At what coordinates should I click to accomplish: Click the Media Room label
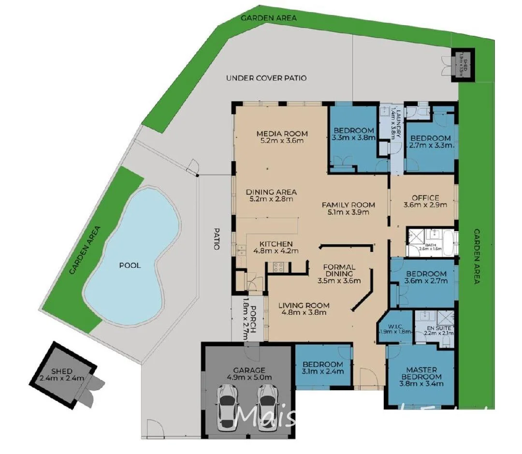coord(282,134)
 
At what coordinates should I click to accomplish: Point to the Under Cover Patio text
coord(266,78)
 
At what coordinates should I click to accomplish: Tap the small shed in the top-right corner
coord(462,62)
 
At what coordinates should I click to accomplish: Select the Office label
coord(425,198)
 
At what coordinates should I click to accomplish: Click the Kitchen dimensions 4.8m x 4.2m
coord(275,251)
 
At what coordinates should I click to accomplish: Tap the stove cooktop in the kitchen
coord(278,266)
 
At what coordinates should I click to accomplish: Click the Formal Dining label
coord(339,270)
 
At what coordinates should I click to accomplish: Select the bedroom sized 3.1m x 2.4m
coord(322,368)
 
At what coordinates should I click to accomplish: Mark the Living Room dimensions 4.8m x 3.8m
coord(304,312)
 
